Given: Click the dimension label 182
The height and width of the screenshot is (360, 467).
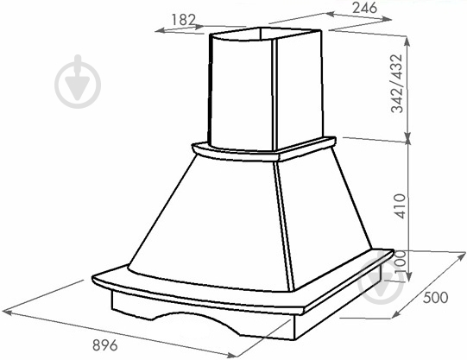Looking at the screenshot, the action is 184,20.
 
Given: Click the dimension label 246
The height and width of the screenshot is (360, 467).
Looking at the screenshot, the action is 364,8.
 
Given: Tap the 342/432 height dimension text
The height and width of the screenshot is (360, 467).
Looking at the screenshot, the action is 396,84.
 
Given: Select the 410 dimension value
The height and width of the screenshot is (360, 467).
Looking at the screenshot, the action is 400,206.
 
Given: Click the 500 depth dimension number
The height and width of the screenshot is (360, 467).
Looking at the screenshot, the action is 435,298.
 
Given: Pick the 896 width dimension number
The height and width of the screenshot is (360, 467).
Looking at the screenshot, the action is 105,345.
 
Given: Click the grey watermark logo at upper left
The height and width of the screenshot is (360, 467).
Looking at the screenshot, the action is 78,81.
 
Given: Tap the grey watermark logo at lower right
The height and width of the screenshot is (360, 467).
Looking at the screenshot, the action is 382,278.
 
